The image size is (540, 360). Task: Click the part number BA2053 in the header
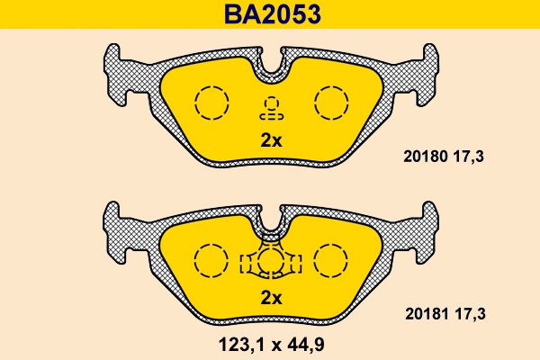pyautogui.click(x=270, y=15)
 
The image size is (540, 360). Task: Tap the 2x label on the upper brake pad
pyautogui.click(x=271, y=140)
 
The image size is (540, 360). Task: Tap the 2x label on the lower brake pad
pyautogui.click(x=271, y=298)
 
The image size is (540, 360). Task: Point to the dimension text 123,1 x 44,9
pyautogui.click(x=271, y=343)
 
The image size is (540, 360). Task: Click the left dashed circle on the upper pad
pyautogui.click(x=213, y=102)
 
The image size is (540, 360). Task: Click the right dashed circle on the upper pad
pyautogui.click(x=329, y=102)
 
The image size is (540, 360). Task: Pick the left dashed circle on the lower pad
pyautogui.click(x=213, y=261)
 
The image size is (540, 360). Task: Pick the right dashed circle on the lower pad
pyautogui.click(x=329, y=261)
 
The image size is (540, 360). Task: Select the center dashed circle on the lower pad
pyautogui.click(x=271, y=262)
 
